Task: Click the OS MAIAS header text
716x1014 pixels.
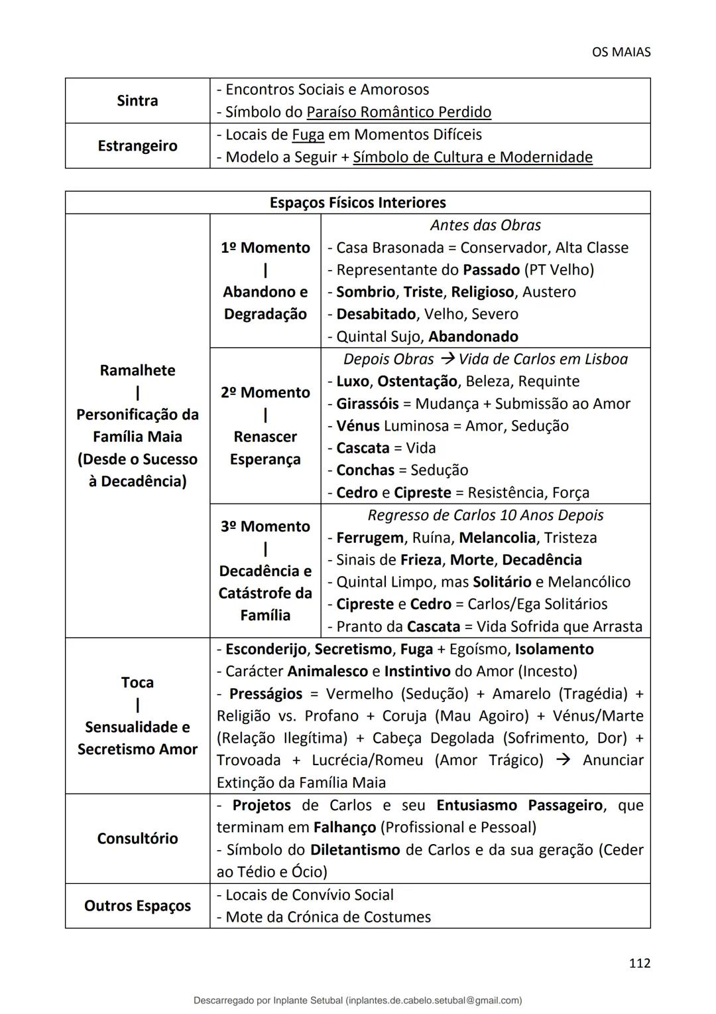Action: (621, 52)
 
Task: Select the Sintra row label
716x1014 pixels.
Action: (137, 101)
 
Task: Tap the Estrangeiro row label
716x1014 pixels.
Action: (137, 146)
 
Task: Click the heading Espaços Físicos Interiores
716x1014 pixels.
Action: (357, 203)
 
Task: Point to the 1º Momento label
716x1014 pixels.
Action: (265, 248)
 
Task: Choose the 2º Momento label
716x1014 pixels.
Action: (265, 392)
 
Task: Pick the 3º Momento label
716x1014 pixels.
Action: (265, 526)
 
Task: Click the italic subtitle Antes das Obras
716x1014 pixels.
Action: (485, 226)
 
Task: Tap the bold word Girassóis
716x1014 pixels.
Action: (367, 403)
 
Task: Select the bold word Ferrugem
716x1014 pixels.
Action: (369, 538)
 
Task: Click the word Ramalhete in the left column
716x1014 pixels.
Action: (137, 370)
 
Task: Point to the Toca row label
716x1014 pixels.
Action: (137, 682)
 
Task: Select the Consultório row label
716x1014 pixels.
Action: (137, 839)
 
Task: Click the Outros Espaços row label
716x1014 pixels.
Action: (137, 906)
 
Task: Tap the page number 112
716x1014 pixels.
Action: (639, 964)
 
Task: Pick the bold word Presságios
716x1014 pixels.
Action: (265, 694)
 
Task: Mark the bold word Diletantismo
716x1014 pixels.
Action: (355, 850)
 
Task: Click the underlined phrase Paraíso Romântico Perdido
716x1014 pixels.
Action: (398, 112)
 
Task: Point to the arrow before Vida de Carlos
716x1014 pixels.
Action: (447, 359)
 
